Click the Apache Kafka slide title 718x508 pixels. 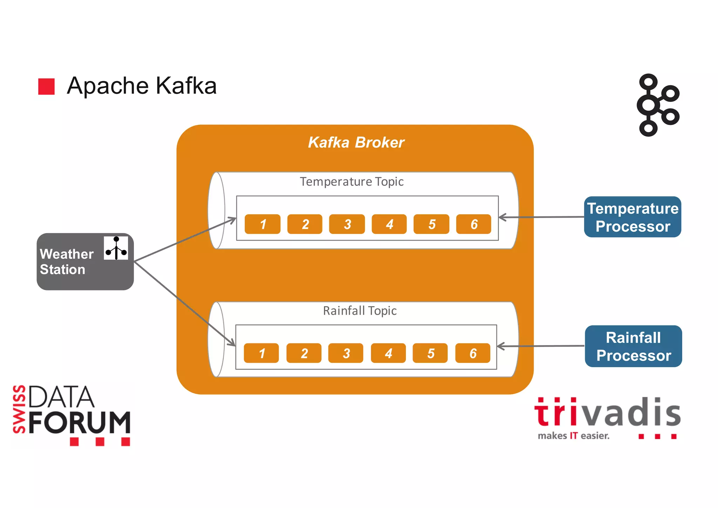(142, 86)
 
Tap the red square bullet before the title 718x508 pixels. (46, 87)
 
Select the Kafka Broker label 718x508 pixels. (356, 143)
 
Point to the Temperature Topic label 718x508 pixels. (351, 182)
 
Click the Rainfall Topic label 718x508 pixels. (359, 311)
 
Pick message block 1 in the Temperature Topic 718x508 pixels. (262, 224)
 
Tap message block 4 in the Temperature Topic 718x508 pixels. (389, 224)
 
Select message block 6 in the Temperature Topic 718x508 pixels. (473, 224)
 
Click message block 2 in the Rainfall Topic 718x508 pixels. (304, 353)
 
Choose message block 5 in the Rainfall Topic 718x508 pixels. (430, 353)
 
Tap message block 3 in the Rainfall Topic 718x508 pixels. (346, 353)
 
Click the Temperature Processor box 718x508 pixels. (632, 217)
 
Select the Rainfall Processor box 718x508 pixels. (633, 346)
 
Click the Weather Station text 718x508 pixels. (67, 262)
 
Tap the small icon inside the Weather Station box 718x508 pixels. (116, 248)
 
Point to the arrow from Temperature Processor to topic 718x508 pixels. (542, 217)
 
